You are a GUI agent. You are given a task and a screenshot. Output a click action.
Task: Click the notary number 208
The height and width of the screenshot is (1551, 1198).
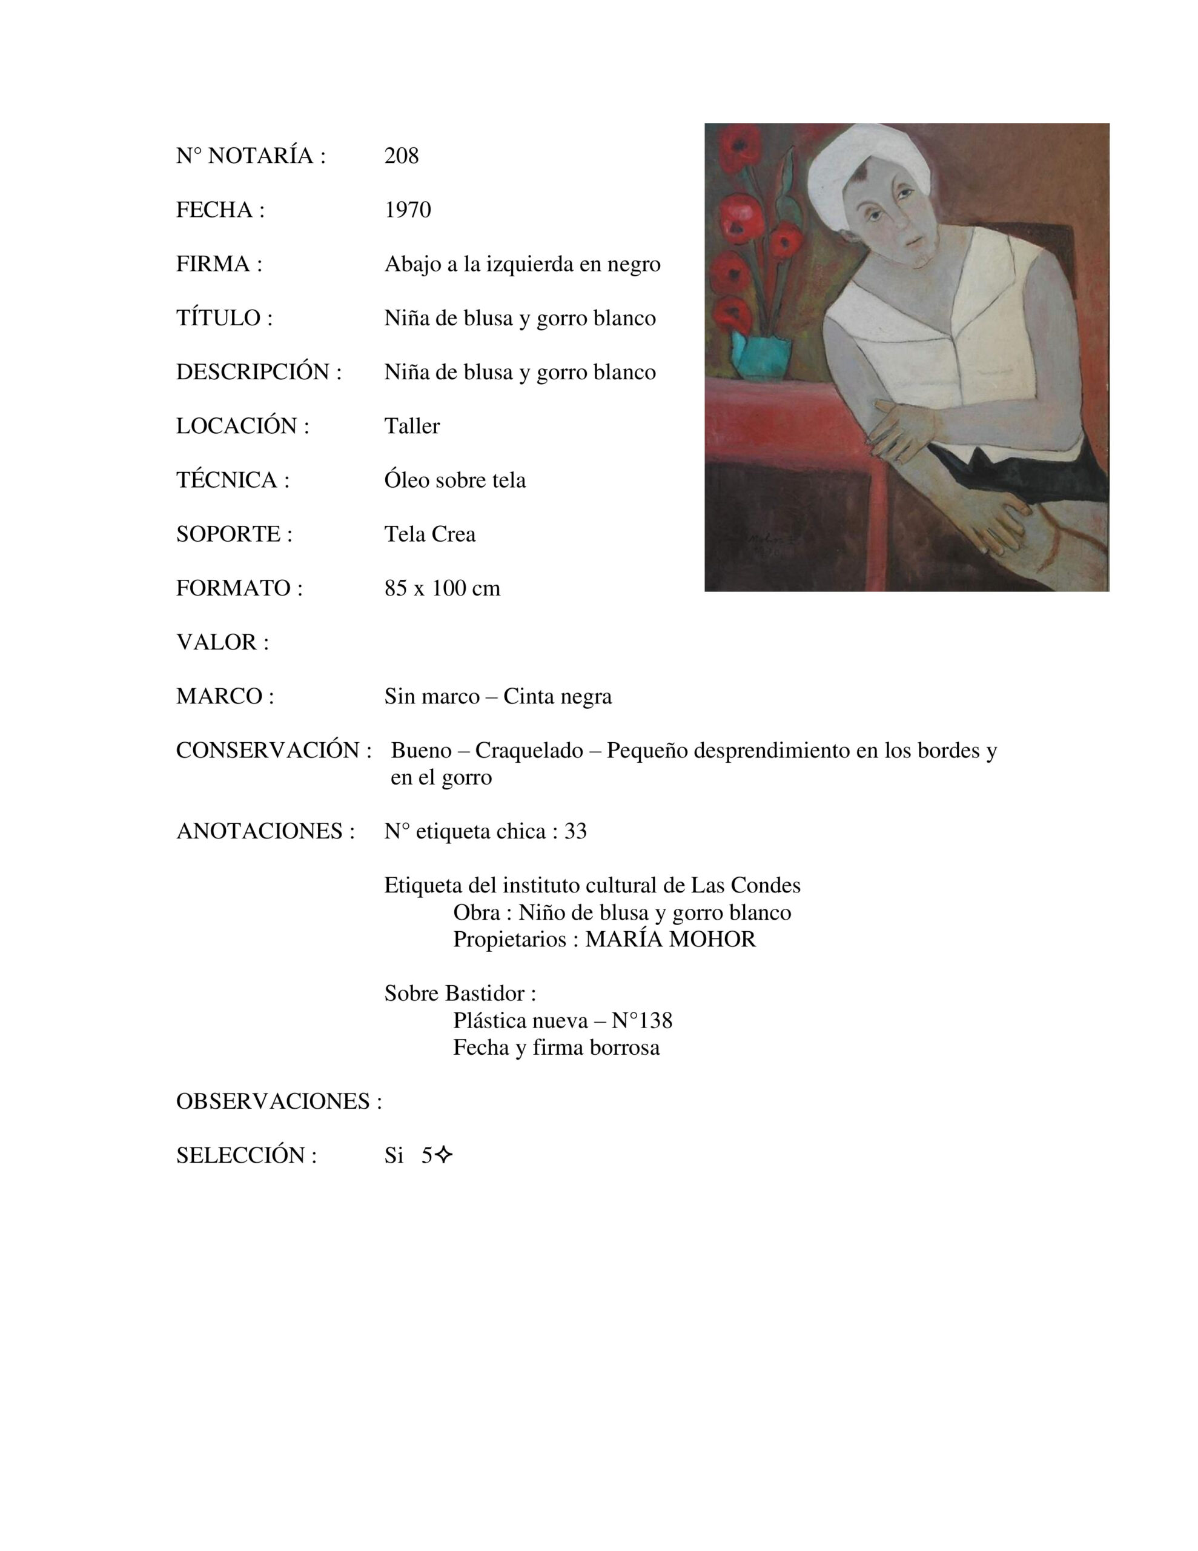401,156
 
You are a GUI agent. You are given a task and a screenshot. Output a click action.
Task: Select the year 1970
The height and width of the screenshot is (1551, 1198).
408,210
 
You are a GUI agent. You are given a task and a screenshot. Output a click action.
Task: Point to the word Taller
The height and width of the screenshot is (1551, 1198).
412,426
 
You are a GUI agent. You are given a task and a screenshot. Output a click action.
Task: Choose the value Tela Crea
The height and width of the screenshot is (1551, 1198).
429,534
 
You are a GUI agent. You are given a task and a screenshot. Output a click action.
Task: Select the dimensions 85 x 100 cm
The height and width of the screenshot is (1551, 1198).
442,588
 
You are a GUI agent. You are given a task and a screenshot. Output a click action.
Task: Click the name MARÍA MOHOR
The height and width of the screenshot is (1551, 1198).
670,940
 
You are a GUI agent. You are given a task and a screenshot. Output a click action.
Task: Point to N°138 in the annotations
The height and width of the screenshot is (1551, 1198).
641,1020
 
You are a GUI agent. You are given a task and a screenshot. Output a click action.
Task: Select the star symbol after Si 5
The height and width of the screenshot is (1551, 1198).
443,1156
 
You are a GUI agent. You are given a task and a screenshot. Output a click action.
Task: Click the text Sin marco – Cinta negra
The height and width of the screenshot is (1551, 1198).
498,697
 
